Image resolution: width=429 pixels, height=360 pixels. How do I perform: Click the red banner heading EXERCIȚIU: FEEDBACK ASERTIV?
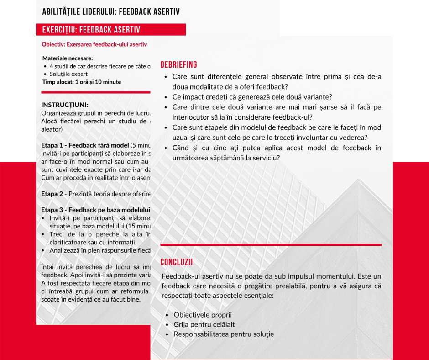(91, 30)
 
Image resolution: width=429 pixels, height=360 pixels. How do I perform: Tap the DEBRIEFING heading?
(179, 65)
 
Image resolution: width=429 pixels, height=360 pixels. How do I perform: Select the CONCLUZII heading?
(177, 262)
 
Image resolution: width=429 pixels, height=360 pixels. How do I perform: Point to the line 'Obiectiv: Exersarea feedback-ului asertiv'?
(94, 44)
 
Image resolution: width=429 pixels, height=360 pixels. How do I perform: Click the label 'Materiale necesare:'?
(68, 58)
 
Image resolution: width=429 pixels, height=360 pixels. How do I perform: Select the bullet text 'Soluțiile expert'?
(68, 74)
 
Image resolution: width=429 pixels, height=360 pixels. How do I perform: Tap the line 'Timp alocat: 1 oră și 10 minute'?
(82, 82)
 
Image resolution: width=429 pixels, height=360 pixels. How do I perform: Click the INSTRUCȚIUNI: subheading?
(65, 105)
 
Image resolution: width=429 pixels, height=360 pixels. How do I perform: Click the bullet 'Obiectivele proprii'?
(203, 315)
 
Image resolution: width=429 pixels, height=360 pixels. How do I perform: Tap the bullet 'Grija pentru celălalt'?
(204, 324)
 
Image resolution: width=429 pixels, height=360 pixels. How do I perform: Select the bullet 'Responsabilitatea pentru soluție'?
(224, 334)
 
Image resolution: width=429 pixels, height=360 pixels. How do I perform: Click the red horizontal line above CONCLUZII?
(271, 245)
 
